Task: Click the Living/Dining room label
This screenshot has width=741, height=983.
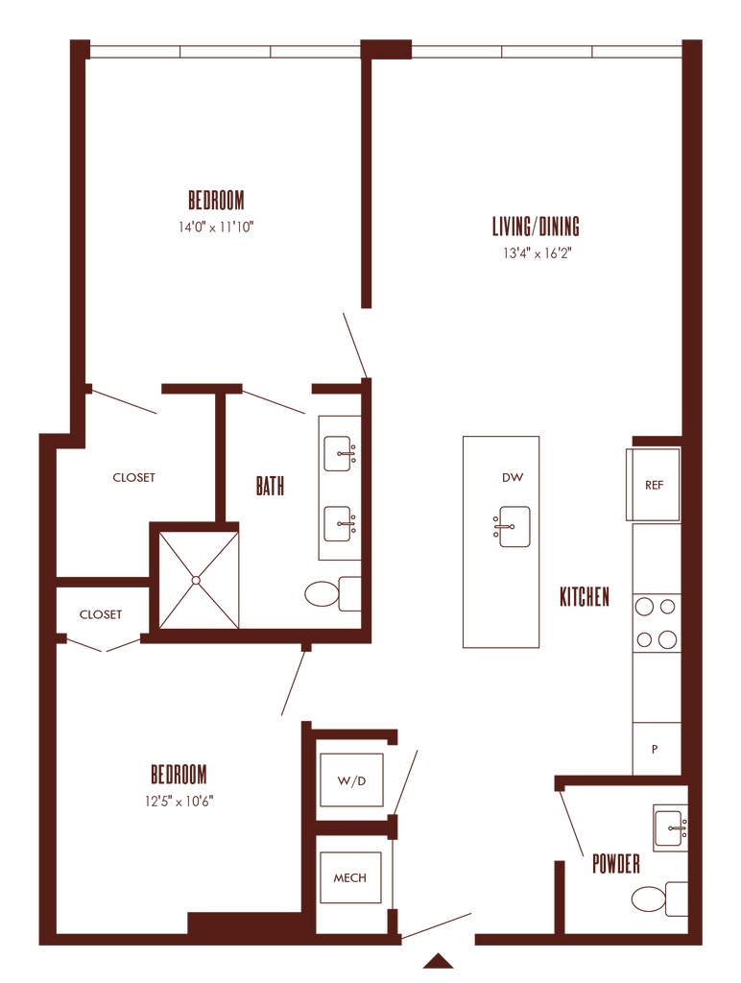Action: [x=537, y=228]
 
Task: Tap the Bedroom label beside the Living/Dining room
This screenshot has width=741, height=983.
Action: [x=217, y=201]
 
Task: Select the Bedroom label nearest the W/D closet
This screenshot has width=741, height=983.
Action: [x=179, y=774]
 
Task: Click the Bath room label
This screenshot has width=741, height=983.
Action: [x=270, y=487]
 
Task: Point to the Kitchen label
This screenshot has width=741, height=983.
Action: [x=585, y=597]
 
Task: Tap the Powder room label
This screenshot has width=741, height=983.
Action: [x=615, y=864]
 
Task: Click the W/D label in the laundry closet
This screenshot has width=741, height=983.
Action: [x=351, y=781]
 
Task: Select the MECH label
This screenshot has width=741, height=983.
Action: [x=350, y=877]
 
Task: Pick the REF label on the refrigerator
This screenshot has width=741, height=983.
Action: [x=655, y=485]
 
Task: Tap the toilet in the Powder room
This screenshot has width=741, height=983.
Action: [x=655, y=899]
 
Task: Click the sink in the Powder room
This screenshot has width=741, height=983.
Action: [x=670, y=826]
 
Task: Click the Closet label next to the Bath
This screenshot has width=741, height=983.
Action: [x=133, y=477]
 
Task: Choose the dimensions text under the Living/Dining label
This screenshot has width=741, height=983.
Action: [x=537, y=254]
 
